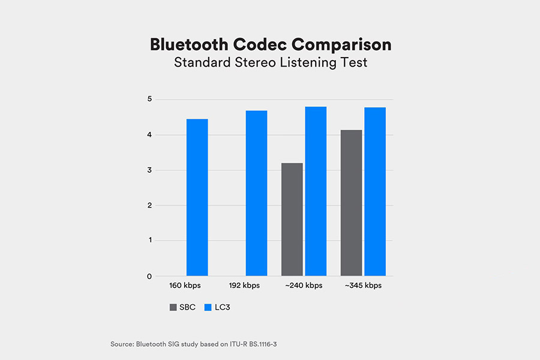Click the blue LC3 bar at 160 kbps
tap(197, 197)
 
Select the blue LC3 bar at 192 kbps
tap(256, 193)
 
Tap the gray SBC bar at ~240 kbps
tap(292, 220)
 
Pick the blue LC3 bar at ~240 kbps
tap(316, 191)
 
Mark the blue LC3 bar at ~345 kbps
tap(375, 191)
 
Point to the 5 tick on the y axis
tap(149, 99)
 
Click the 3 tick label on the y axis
tap(149, 170)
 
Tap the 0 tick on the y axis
tap(149, 277)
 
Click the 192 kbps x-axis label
tap(245, 286)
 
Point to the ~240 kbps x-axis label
tap(304, 286)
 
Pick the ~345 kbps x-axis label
tap(363, 286)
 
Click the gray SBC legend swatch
tap(173, 307)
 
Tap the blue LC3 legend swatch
tap(208, 307)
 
